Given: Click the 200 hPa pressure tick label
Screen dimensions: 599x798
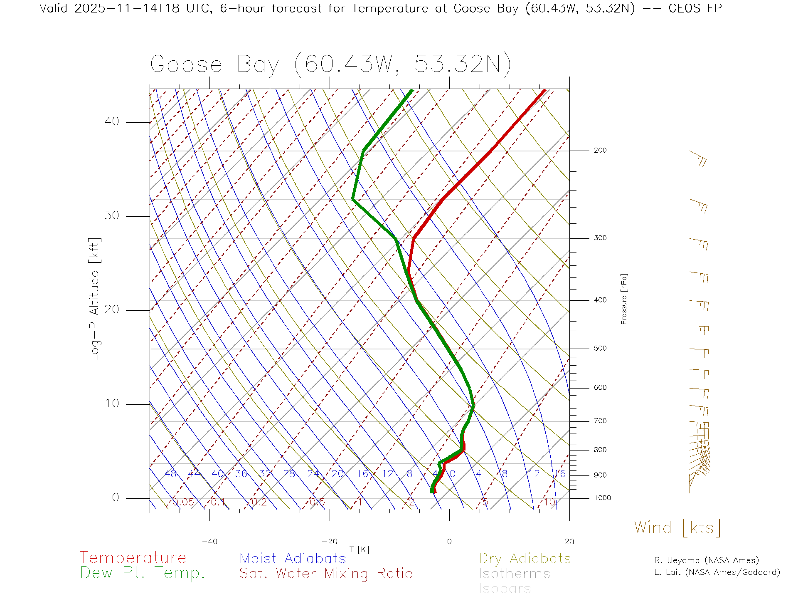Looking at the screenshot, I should (x=600, y=151).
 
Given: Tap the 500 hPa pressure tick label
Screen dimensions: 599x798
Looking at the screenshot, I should (x=600, y=349).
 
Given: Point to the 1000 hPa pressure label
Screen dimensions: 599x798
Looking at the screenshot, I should (x=602, y=498).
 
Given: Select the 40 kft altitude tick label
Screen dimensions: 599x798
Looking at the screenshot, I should (x=111, y=121).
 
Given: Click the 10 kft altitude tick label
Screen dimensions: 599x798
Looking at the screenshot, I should (x=111, y=403).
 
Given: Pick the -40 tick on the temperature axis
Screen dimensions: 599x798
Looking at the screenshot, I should (x=209, y=542).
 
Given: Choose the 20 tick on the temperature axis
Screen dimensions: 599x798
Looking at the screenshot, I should (x=569, y=542).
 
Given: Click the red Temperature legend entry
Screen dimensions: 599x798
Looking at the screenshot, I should (x=133, y=558).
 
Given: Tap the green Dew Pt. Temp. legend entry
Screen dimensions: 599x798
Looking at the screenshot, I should (x=143, y=573).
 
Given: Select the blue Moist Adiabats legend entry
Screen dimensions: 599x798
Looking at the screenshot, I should (x=293, y=559).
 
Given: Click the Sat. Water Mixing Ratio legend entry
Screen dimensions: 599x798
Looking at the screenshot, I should (x=326, y=574).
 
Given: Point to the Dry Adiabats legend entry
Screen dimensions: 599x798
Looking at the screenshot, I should (x=525, y=559).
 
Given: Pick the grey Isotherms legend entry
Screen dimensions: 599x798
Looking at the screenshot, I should (x=515, y=574).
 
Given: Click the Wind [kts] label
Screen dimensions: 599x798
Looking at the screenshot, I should (x=677, y=528).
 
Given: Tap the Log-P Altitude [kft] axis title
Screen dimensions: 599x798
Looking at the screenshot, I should (x=95, y=299).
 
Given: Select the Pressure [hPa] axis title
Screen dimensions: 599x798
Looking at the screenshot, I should (x=624, y=299).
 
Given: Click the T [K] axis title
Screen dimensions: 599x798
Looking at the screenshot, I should (x=359, y=549).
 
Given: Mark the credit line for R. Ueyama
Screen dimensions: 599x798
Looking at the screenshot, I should (x=707, y=560).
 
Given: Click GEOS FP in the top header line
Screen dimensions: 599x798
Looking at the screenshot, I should (x=695, y=8).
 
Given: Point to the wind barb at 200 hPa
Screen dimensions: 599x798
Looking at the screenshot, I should (x=698, y=158).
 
